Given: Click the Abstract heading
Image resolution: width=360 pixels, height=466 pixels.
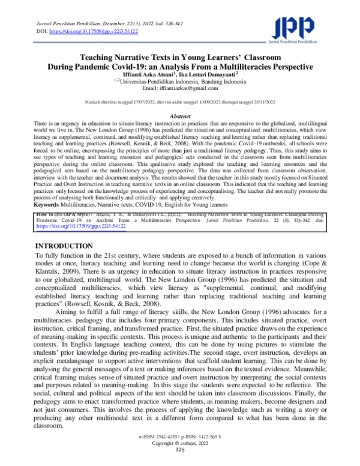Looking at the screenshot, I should (180, 116).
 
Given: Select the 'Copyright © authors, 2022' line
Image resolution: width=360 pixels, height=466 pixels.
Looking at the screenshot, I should (180, 455).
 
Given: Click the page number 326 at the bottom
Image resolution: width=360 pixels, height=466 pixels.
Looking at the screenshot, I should (180, 461).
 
